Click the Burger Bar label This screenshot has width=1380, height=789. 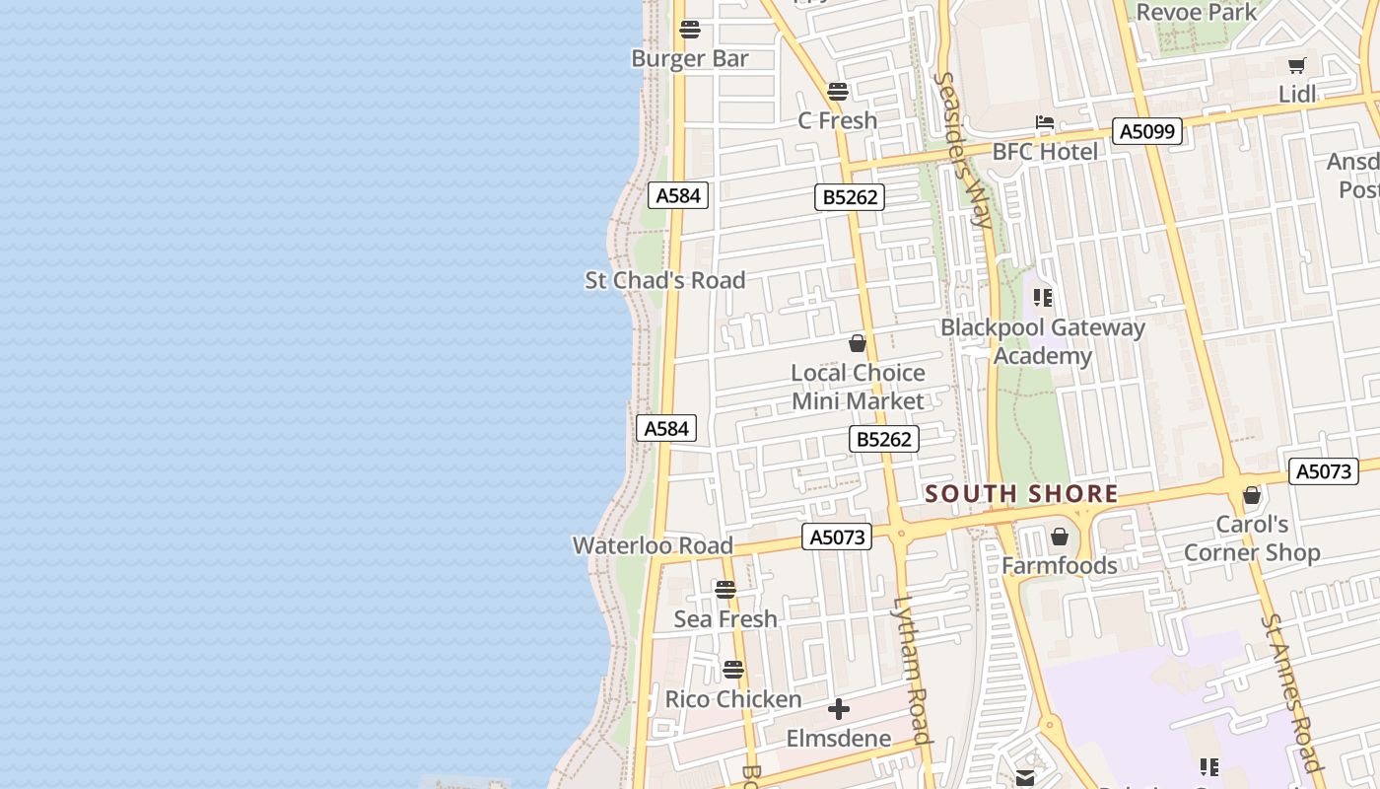pos(690,58)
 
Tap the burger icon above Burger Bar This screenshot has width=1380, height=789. pos(690,30)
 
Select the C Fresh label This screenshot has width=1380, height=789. pos(837,120)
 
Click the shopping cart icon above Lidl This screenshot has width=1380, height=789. pos(1297,66)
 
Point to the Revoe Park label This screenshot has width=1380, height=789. pos(1197,13)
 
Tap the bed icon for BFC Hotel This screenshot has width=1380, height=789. pos(1045,123)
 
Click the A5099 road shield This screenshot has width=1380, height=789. pos(1146,131)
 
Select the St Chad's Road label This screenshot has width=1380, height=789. pos(665,280)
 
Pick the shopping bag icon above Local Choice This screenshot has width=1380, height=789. pos(858,343)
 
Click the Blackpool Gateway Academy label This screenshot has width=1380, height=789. pos(1043,341)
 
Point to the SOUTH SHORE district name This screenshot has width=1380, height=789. pos(1022,494)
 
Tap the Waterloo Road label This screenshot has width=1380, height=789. pos(653,545)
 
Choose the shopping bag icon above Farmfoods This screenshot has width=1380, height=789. pos(1060,537)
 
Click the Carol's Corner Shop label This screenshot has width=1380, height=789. pos(1252,538)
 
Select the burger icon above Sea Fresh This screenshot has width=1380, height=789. pos(725,590)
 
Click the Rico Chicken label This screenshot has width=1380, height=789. pos(733,699)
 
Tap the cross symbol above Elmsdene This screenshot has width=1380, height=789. pos(839,709)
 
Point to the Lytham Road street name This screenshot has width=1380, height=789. pos(913,671)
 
